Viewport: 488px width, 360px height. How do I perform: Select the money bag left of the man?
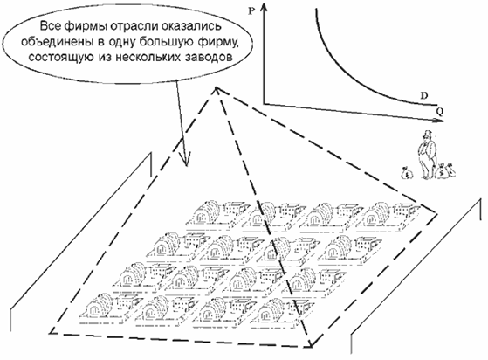[x=407, y=172]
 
